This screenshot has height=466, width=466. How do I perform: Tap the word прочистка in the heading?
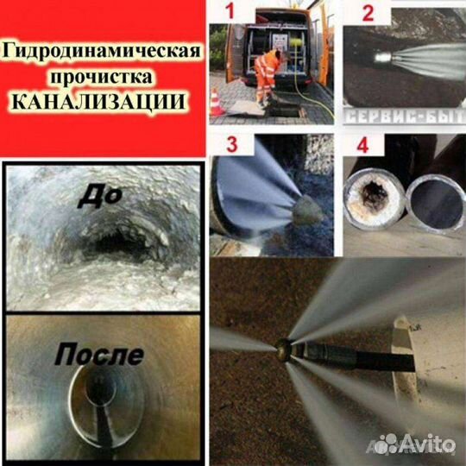pyautogui.click(x=104, y=77)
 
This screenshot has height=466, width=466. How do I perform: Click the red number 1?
pyautogui.click(x=226, y=13)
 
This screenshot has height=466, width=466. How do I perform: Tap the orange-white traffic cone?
pyautogui.click(x=217, y=103)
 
